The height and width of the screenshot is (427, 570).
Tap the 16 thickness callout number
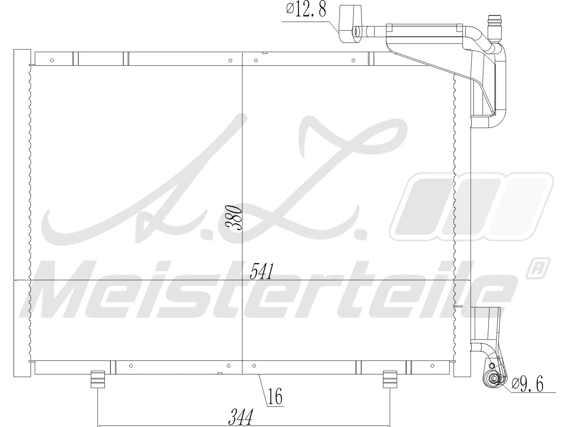coord(275,397)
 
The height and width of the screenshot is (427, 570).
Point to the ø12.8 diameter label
coord(306,10)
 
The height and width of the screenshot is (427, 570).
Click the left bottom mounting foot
coord(98,379)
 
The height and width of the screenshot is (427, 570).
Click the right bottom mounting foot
coord(390,379)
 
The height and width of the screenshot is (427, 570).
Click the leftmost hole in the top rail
coord(52,60)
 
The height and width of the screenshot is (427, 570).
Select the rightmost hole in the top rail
coord(353,60)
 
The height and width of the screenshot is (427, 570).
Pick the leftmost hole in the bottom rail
coord(131,366)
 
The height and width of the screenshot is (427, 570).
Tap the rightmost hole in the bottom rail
coord(432,366)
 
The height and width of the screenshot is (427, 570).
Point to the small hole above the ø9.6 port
coord(492,366)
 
